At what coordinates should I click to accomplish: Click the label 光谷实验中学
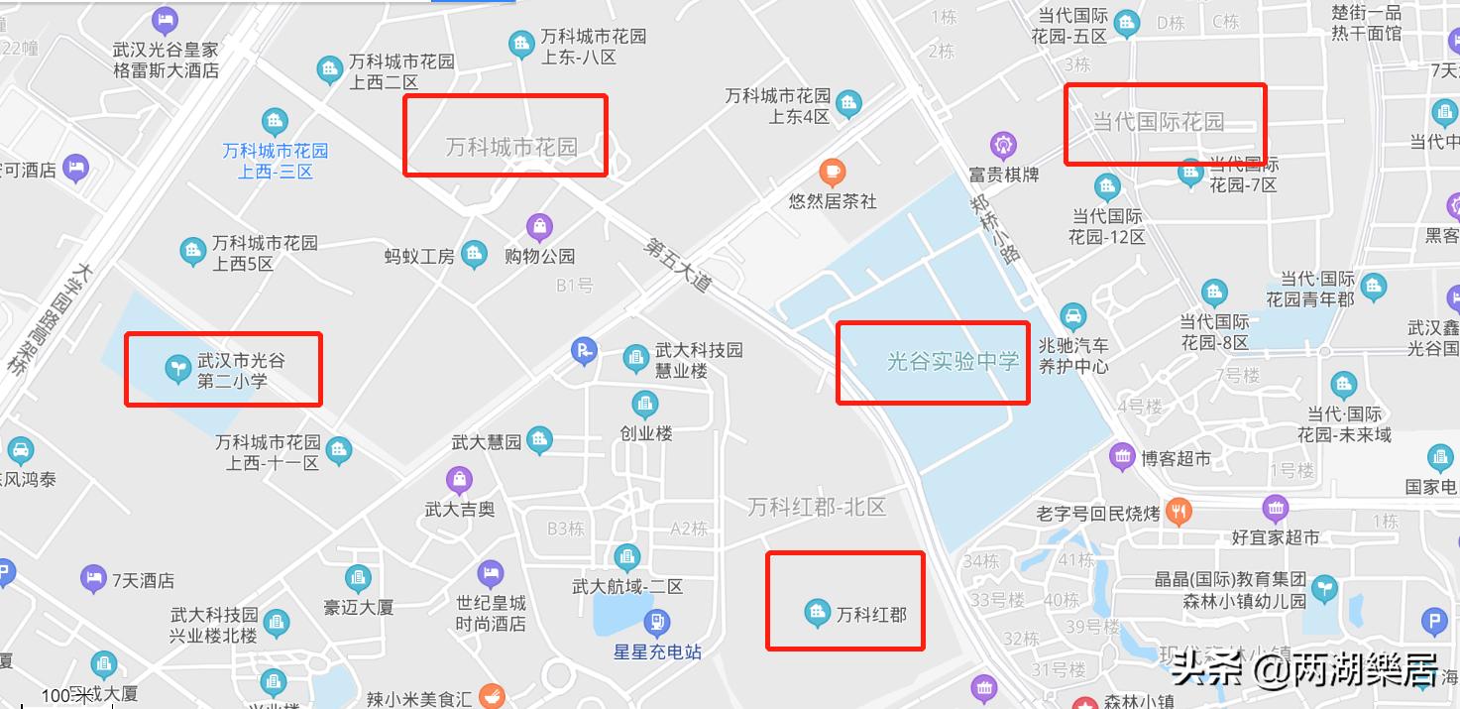click(x=953, y=361)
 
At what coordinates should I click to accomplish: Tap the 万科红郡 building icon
click(x=817, y=614)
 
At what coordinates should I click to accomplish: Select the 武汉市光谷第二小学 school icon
click(x=177, y=369)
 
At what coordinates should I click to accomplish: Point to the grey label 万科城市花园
click(x=511, y=148)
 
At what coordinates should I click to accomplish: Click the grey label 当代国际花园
click(x=1158, y=122)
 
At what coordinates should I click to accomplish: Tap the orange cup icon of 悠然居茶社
click(x=833, y=172)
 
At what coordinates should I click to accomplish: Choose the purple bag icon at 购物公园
click(x=539, y=227)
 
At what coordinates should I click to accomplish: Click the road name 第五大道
click(x=678, y=263)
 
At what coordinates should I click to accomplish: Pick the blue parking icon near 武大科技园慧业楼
click(x=585, y=350)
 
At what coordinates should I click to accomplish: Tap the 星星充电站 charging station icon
click(x=656, y=623)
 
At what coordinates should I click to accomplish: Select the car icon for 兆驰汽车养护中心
click(x=1072, y=317)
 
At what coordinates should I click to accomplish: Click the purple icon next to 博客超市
click(x=1122, y=457)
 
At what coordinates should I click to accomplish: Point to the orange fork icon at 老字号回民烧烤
click(x=1179, y=512)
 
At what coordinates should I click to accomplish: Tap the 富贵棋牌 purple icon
click(x=1004, y=146)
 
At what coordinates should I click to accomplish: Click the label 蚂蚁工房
click(x=419, y=256)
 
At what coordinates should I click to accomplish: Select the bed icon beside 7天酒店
click(x=94, y=578)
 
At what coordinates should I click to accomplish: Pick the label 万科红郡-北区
click(x=817, y=507)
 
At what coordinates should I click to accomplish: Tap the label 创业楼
click(x=646, y=433)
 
